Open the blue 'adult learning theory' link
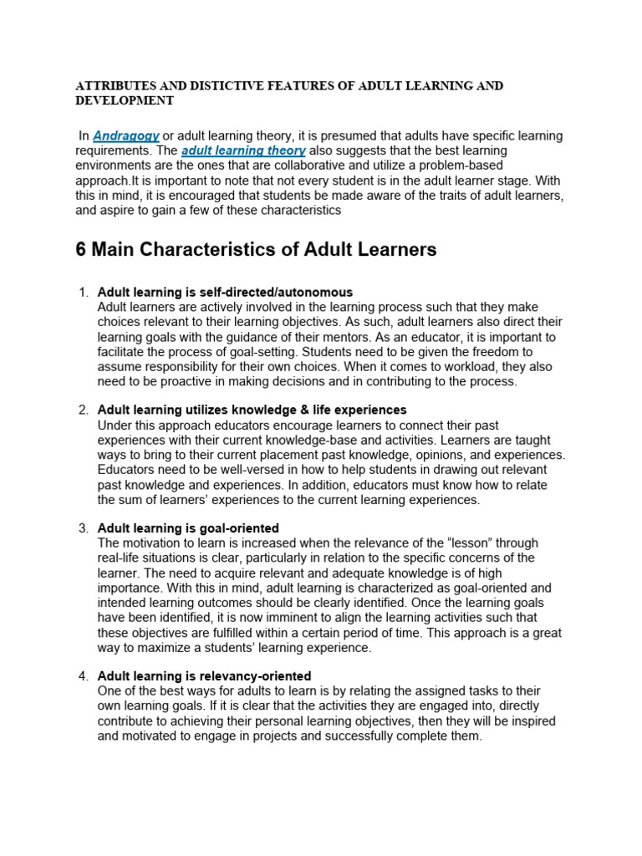point(243,150)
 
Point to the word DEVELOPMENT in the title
point(125,100)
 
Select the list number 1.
point(83,293)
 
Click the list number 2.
point(83,410)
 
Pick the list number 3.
point(83,528)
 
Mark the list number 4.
point(83,675)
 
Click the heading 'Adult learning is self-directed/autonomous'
point(225,293)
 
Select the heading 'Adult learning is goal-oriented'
point(188,528)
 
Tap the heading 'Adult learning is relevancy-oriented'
point(204,675)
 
